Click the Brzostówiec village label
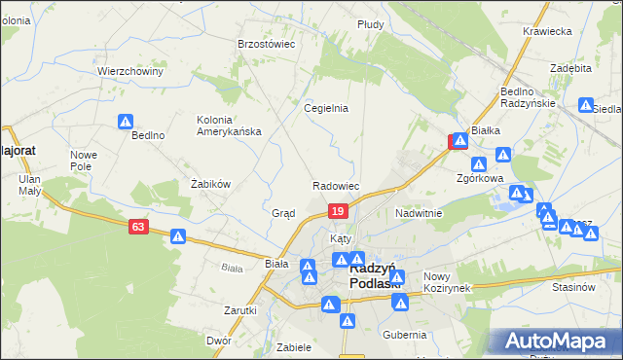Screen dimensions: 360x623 266,44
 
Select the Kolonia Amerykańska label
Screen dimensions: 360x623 229,126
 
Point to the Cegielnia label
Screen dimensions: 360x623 326,109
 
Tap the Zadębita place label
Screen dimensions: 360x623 570,69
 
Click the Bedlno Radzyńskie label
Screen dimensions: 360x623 528,97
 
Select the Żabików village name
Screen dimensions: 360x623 209,183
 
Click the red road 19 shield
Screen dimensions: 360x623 337,211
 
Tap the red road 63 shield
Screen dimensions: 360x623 138,227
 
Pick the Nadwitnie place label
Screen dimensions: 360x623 419,213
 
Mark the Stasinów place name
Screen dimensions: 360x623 572,288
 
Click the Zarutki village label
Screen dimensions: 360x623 239,310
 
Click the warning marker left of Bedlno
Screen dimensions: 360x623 127,122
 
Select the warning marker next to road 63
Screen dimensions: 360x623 178,235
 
